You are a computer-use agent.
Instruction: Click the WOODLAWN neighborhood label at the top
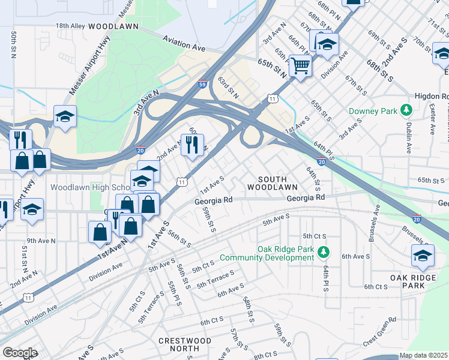(113, 26)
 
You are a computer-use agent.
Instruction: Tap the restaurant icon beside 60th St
(192, 145)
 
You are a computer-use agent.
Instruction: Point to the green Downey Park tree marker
(406, 110)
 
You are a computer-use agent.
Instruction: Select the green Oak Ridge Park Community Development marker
(324, 250)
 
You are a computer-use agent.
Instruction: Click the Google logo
(20, 353)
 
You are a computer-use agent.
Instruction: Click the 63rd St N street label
(228, 88)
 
